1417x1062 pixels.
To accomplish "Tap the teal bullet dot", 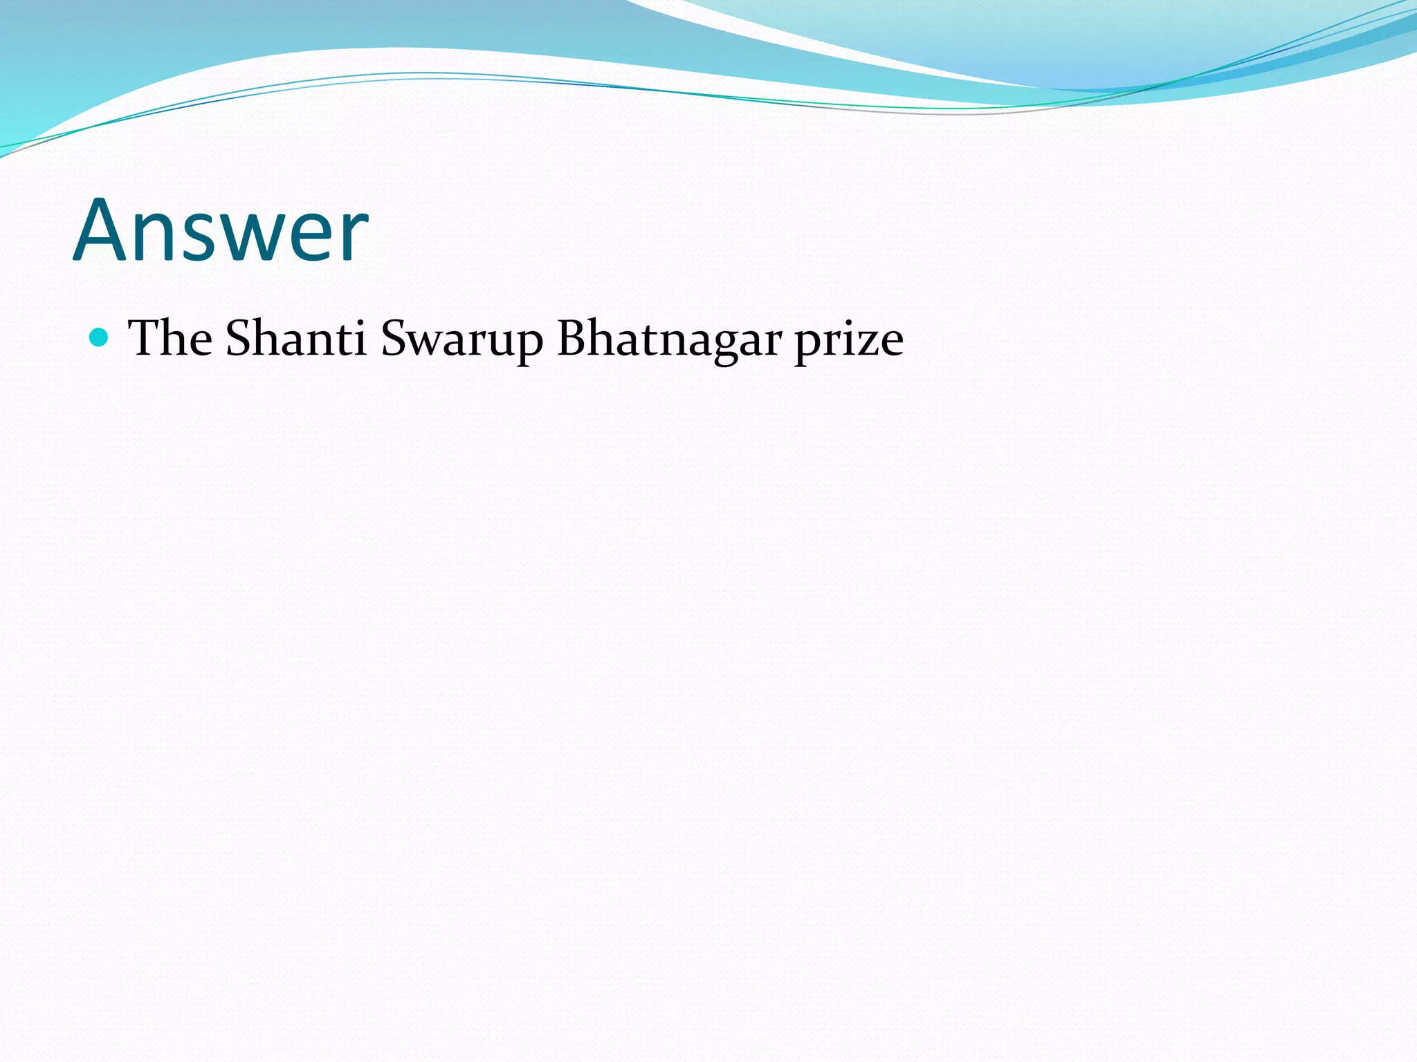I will [x=100, y=337].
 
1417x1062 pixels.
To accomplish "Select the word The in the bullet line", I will [x=170, y=338].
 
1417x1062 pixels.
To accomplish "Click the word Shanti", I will [x=295, y=338].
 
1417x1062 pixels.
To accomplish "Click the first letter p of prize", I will [x=807, y=346].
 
